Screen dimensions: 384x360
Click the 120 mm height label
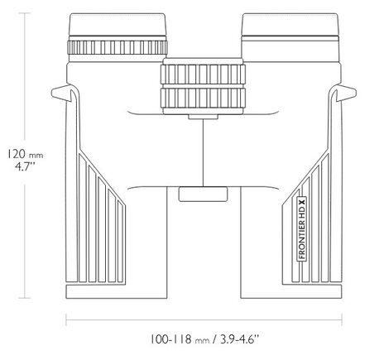pos(25,154)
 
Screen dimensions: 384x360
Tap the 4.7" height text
pos(25,167)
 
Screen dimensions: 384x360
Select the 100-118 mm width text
pos(180,339)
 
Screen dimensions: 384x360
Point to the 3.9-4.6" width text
pos(240,339)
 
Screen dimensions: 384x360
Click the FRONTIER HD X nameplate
pos(302,228)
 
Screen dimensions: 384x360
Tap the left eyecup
pos(118,25)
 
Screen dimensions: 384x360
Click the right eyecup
pos(290,25)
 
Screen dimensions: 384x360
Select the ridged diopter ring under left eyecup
pos(118,47)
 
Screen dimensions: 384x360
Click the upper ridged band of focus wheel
pos(203,74)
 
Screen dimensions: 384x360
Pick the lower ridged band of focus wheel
pos(203,98)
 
